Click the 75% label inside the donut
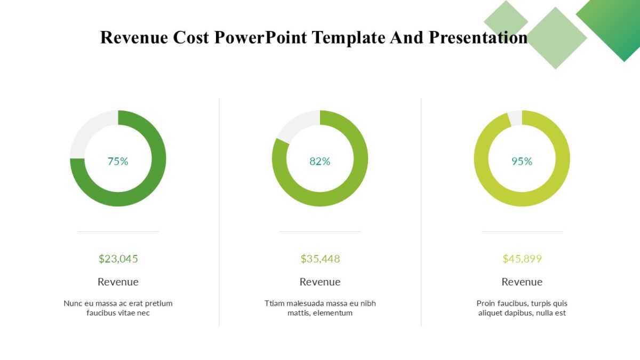(x=118, y=161)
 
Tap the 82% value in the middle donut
(x=320, y=161)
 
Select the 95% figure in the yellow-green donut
(x=522, y=161)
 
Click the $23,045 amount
(x=118, y=259)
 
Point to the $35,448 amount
(x=320, y=259)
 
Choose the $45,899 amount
(x=522, y=259)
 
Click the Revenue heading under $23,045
(x=118, y=282)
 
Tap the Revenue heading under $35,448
(x=320, y=282)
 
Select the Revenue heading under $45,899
(x=522, y=282)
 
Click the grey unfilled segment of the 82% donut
(x=295, y=126)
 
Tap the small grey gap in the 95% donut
(x=515, y=117)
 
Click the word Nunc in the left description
(x=73, y=303)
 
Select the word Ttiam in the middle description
(x=275, y=303)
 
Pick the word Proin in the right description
(x=486, y=303)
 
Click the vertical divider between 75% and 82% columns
(x=219, y=213)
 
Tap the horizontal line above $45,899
(x=522, y=231)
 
